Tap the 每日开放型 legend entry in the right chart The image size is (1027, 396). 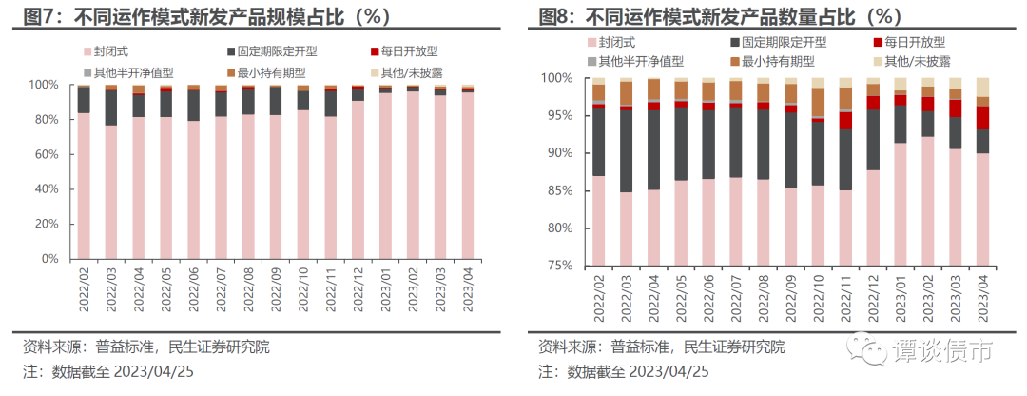tap(907, 43)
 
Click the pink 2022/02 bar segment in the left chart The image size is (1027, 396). tap(84, 186)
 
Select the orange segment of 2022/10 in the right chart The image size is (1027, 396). tap(818, 101)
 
